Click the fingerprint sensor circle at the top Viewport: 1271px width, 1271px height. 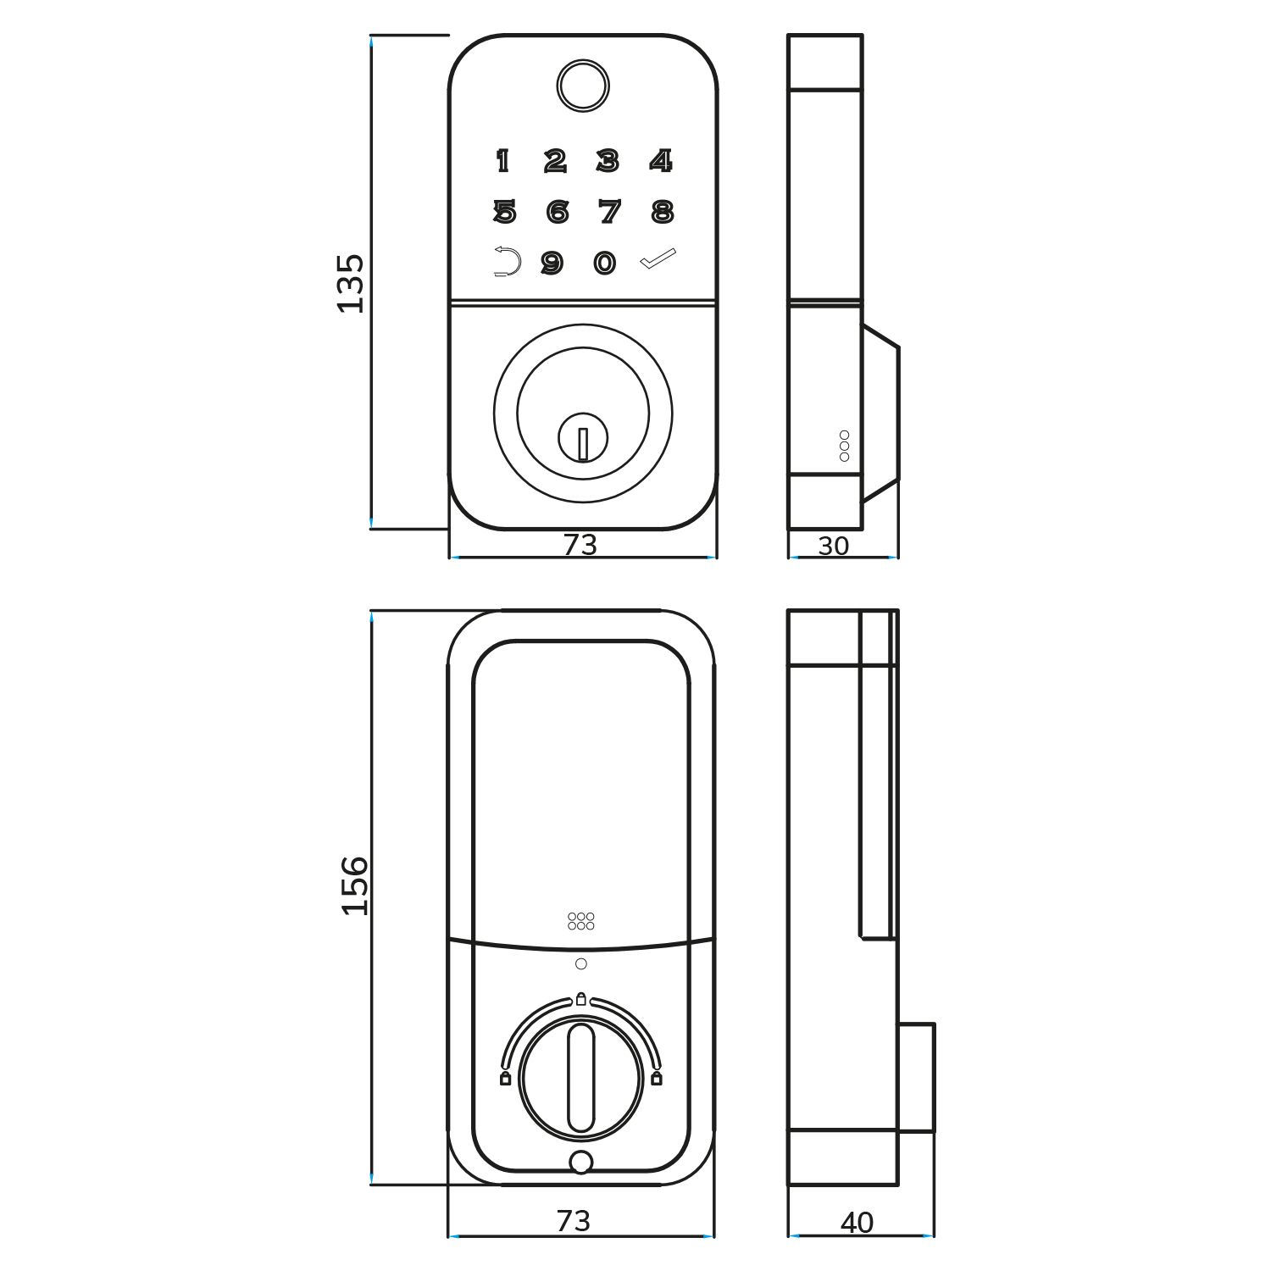(583, 85)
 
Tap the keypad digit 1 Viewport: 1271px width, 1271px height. (502, 160)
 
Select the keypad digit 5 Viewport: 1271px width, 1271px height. (504, 211)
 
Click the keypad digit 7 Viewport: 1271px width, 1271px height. (609, 211)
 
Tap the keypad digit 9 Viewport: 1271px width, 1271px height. (552, 264)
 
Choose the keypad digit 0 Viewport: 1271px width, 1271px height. (604, 264)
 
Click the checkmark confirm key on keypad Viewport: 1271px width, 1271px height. (658, 258)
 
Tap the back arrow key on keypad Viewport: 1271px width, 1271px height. (506, 262)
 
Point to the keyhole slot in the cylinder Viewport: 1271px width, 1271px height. (583, 444)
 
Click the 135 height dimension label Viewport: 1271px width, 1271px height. (350, 283)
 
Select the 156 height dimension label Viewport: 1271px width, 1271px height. (355, 885)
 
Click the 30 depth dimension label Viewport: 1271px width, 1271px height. (833, 547)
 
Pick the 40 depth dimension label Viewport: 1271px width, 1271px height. (857, 1223)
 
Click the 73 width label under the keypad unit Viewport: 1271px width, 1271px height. (580, 545)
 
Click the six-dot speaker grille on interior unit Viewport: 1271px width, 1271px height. (580, 921)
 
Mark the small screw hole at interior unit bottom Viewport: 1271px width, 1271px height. (580, 1163)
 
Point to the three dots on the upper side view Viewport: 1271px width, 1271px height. (844, 446)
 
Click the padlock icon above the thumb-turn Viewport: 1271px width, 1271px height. (580, 999)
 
